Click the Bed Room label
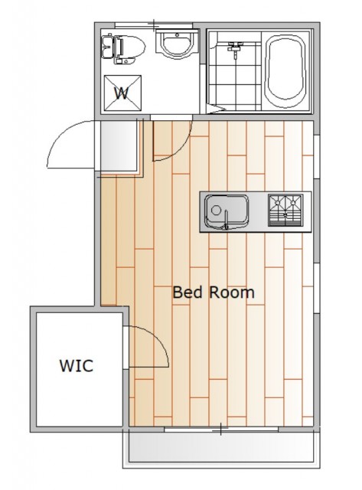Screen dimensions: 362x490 click(214, 292)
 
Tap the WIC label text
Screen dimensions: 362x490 click(77, 366)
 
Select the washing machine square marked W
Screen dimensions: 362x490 click(122, 93)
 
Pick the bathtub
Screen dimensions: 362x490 click(285, 71)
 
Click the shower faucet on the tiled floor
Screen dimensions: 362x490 click(235, 48)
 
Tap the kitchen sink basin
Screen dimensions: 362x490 click(227, 212)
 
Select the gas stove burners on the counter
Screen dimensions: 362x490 click(285, 210)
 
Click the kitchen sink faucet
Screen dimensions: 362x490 click(227, 220)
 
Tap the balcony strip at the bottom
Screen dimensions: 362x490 click(221, 447)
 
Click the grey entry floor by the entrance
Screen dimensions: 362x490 click(119, 145)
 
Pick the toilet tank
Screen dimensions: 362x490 click(107, 47)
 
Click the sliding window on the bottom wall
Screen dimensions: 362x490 click(221, 430)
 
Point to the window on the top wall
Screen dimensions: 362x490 click(154, 25)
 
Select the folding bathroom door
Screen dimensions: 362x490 click(216, 109)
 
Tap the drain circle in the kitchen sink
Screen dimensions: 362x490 click(216, 210)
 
